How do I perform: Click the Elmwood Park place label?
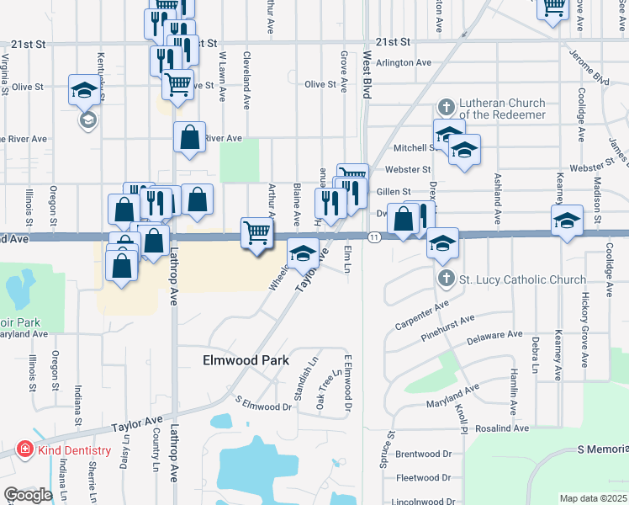246,360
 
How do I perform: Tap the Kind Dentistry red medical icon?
25,450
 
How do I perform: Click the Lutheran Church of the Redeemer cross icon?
447,108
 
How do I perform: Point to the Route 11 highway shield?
374,239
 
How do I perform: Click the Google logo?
28,495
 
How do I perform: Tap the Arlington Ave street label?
403,62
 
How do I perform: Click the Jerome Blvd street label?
588,69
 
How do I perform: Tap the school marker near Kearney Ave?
568,221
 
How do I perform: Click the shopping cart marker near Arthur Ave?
256,231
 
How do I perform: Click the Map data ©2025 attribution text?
593,498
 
